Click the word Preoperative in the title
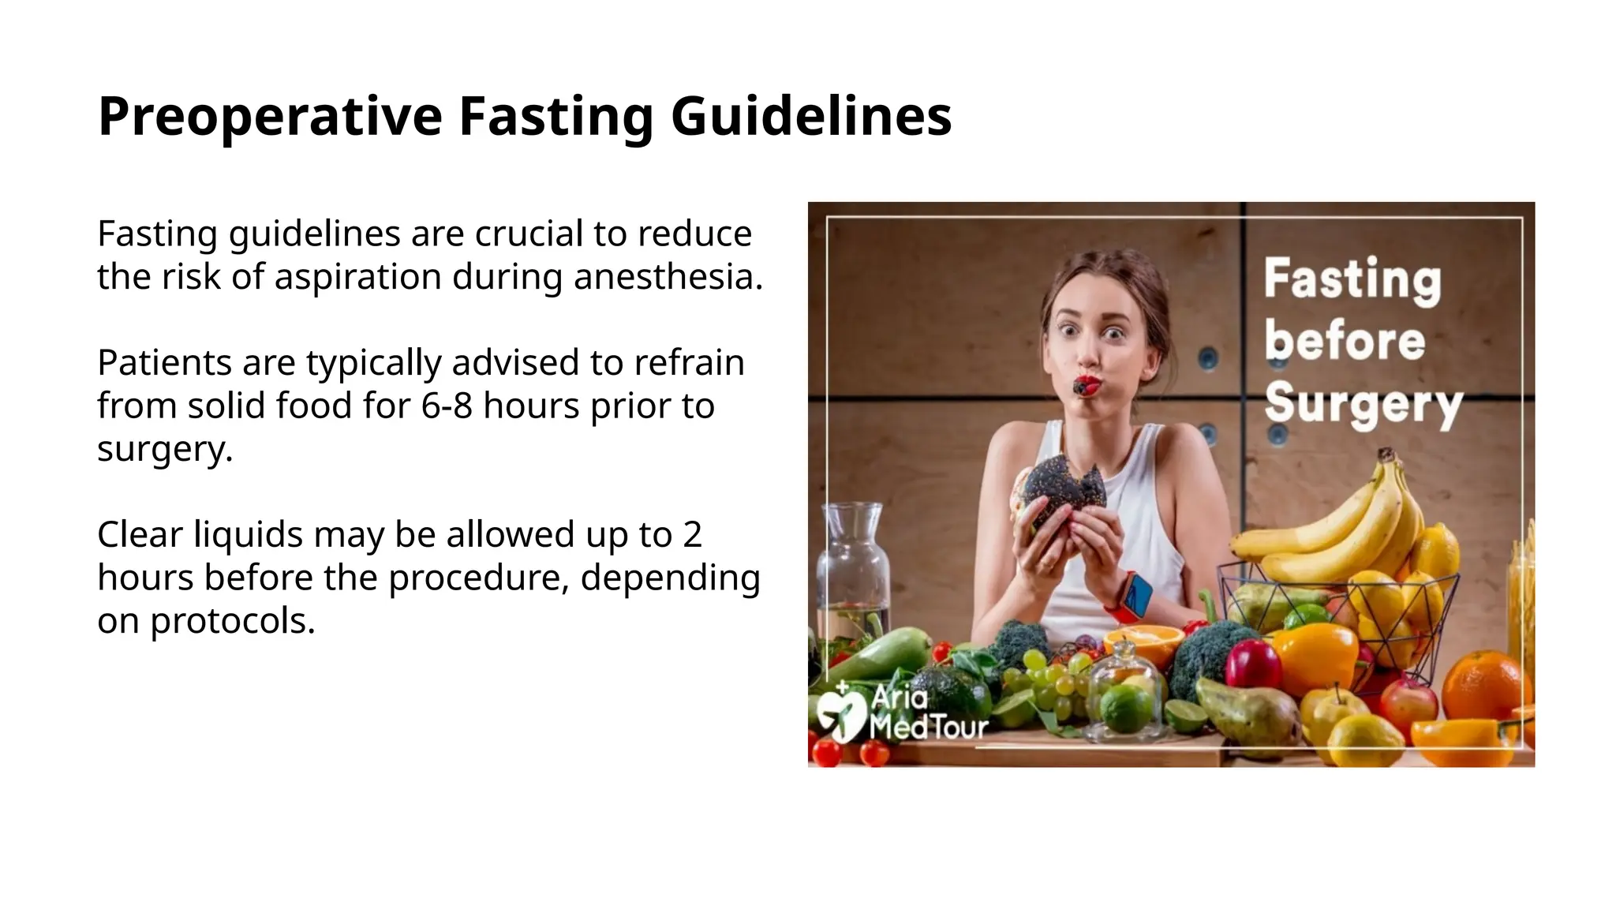click(270, 117)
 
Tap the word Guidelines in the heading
click(811, 117)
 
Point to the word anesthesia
click(668, 277)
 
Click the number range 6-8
click(447, 406)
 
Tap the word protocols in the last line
click(232, 621)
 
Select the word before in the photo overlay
click(1345, 342)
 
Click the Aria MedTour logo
click(900, 712)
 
